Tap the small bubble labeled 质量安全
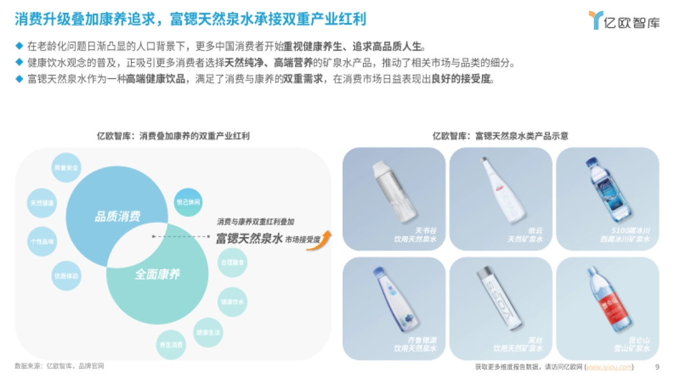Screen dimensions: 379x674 coord(66,167)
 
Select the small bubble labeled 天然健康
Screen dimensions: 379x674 coord(42,203)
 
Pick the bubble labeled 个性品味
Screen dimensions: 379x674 coord(42,241)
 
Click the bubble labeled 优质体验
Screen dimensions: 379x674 coord(66,276)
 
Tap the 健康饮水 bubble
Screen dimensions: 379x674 coord(232,302)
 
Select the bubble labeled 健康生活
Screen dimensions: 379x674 coord(208,332)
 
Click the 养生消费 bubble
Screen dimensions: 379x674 coord(171,344)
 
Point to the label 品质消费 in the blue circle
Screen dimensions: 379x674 coord(117,217)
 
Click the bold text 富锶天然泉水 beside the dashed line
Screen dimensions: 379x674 coord(249,239)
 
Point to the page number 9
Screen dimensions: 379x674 coord(657,367)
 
